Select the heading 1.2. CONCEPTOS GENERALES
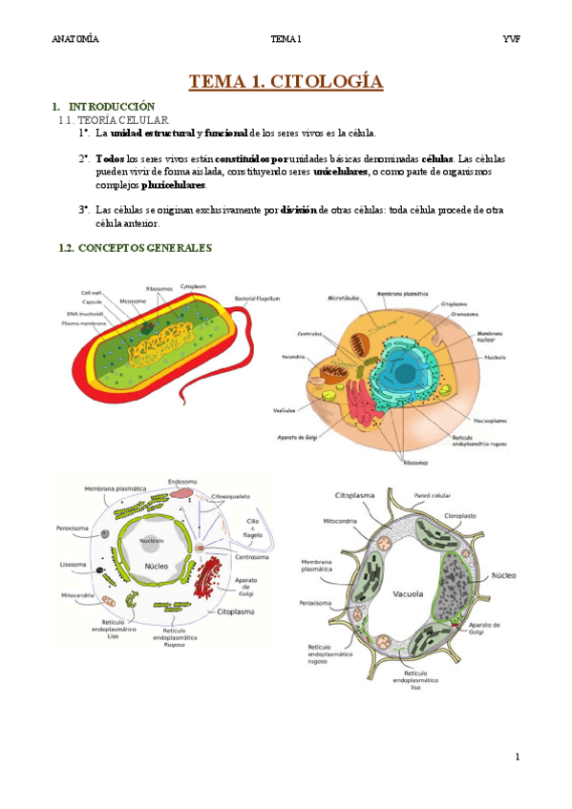pyautogui.click(x=135, y=248)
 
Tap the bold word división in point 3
pyautogui.click(x=298, y=209)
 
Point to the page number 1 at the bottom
pyautogui.click(x=517, y=757)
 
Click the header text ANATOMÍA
pyautogui.click(x=75, y=39)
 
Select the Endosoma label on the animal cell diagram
pyautogui.click(x=181, y=481)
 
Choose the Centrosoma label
pyautogui.click(x=252, y=556)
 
